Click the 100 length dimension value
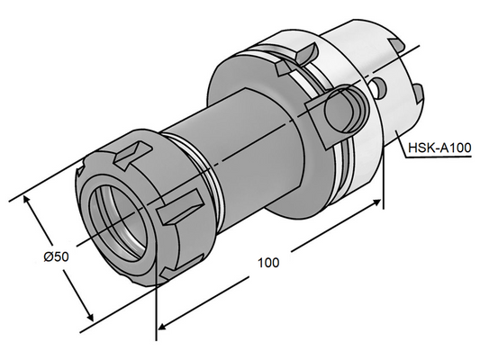[267, 263]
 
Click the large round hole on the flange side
[344, 108]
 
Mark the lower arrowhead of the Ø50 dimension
[90, 318]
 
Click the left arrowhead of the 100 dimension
[162, 325]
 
